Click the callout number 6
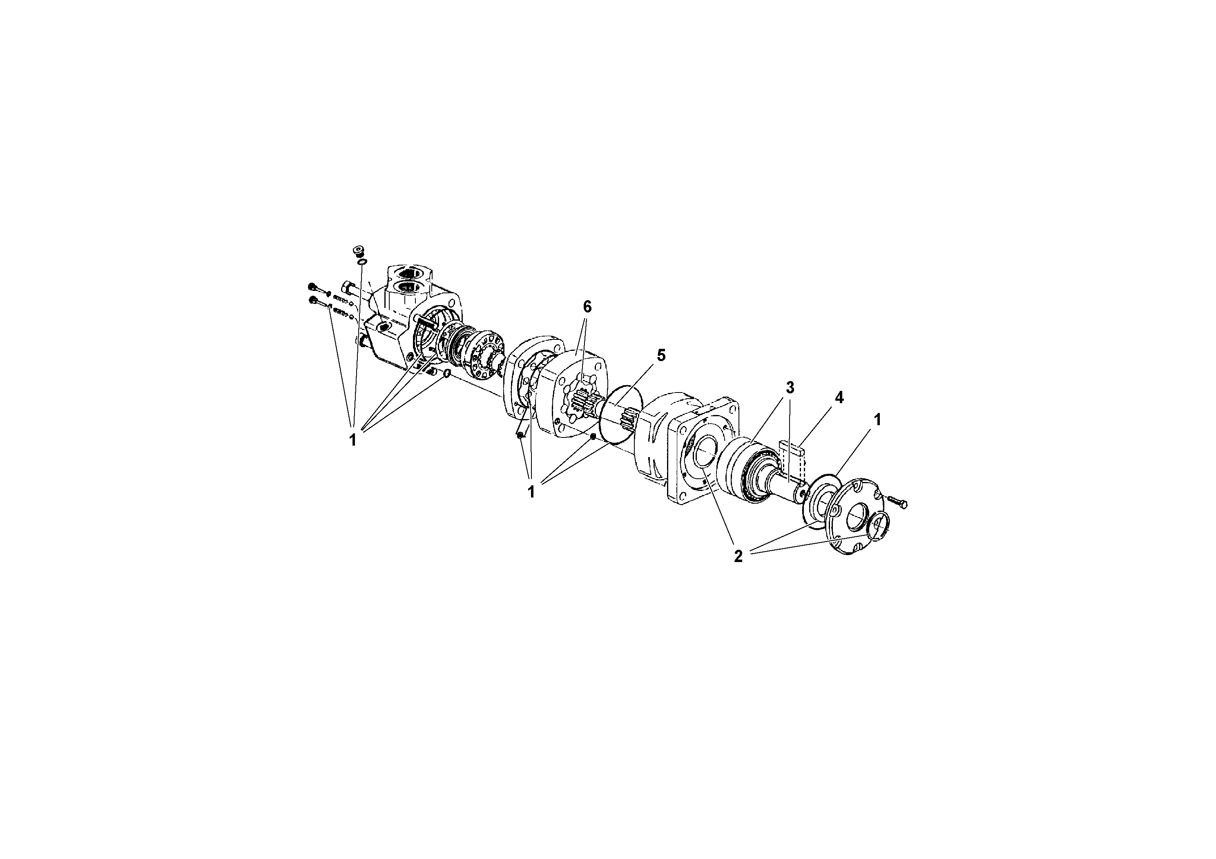tap(587, 307)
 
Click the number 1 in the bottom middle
tap(531, 492)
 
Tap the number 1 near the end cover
tap(877, 420)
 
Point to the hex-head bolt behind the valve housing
tap(352, 289)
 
